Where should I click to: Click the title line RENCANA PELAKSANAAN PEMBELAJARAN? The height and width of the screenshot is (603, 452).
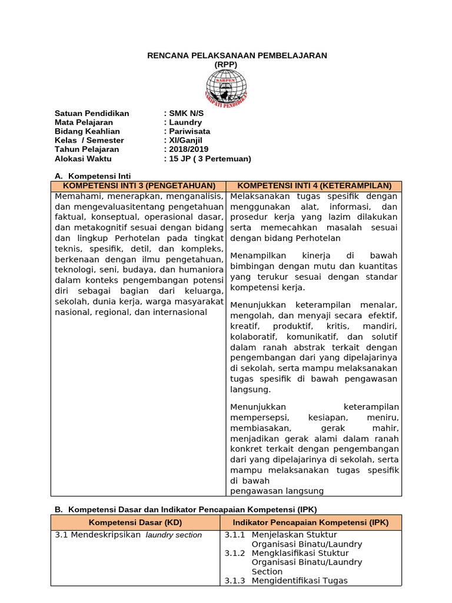pos(237,55)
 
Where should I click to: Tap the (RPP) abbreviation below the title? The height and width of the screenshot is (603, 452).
pos(226,64)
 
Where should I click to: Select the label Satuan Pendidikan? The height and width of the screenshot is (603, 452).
pos(92,114)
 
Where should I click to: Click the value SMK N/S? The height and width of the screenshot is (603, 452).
pos(186,114)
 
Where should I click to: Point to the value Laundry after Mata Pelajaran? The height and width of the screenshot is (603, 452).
pos(185,122)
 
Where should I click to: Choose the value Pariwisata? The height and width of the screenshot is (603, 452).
pos(189,131)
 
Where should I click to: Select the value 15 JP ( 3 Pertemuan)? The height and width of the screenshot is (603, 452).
pos(209,158)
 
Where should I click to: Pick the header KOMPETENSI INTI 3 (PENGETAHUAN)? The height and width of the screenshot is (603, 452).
pos(138,186)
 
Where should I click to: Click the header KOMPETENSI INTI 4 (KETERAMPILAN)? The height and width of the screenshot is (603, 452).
pos(314,186)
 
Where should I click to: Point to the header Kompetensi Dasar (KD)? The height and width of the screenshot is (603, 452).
pos(135,523)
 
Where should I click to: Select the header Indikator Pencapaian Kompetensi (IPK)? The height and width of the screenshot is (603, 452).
pos(311,523)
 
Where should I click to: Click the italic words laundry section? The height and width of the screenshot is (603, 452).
pos(174,535)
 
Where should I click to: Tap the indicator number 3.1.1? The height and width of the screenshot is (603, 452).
pos(234,535)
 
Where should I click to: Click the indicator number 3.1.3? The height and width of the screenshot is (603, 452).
pos(234,581)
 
